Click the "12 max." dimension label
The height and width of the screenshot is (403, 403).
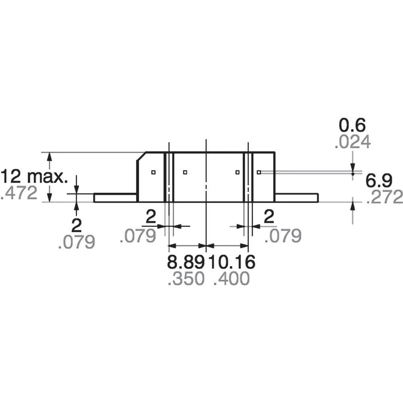click(35, 177)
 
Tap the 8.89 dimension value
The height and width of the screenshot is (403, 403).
click(186, 262)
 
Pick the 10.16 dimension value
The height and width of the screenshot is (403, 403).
click(231, 262)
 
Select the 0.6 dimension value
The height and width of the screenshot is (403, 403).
click(352, 126)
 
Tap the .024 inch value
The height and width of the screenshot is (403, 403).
click(352, 142)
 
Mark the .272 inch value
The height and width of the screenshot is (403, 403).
click(384, 197)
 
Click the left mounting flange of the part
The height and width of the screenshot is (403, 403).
click(115, 197)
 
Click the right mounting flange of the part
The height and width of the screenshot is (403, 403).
click(297, 197)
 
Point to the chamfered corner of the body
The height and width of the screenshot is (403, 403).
click(141, 156)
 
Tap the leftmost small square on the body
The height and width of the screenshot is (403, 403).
click(153, 172)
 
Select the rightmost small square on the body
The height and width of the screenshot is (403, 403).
click(259, 172)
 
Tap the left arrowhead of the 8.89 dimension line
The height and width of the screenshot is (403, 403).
click(172, 245)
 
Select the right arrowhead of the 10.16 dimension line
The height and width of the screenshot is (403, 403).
click(244, 245)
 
